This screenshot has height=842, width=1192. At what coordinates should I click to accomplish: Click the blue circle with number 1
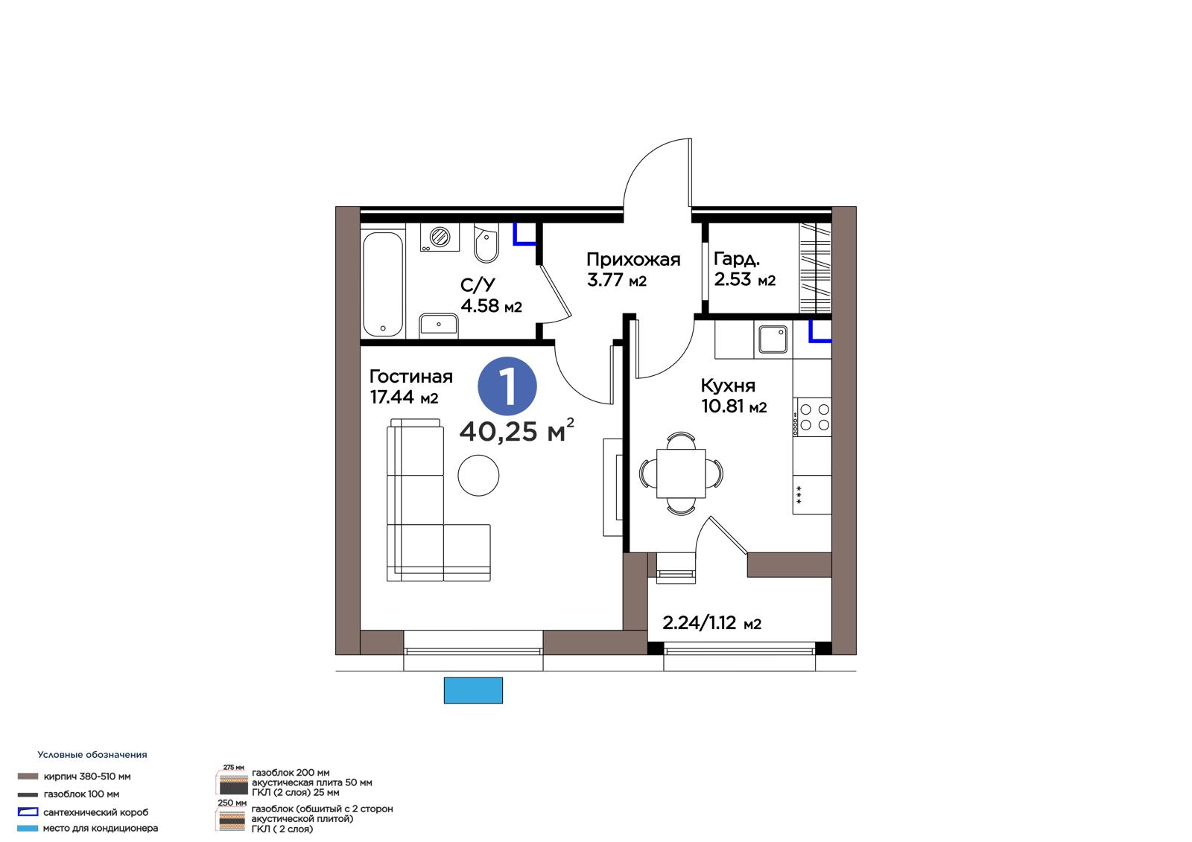click(x=507, y=386)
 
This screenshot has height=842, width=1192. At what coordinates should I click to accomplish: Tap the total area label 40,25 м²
click(x=517, y=430)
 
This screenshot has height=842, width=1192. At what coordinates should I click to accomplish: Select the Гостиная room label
click(x=410, y=377)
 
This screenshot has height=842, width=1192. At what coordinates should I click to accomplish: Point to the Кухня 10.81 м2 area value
click(x=734, y=406)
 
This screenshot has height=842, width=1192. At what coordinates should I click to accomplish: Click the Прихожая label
click(x=633, y=259)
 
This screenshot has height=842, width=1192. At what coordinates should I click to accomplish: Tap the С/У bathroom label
click(x=478, y=285)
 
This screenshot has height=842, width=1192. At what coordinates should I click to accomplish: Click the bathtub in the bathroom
click(x=383, y=284)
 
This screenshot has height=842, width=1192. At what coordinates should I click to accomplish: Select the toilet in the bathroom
click(x=486, y=243)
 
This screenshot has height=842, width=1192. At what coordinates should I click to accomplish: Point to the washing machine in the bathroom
click(x=440, y=237)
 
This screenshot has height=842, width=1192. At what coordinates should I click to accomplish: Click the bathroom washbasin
click(x=439, y=324)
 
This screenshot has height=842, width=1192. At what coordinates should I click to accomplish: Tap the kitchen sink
click(x=773, y=339)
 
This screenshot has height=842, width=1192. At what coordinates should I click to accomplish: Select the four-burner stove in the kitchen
click(x=812, y=417)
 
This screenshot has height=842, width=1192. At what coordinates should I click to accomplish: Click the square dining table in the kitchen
click(x=681, y=473)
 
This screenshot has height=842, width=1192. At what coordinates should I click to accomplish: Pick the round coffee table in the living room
click(x=478, y=476)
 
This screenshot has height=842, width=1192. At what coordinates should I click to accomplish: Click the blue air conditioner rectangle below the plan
click(x=473, y=690)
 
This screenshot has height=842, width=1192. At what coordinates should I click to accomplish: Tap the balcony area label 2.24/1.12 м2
click(x=711, y=622)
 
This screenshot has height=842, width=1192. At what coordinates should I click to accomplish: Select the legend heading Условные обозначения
click(x=92, y=754)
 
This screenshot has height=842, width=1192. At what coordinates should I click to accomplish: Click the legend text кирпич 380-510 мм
click(x=87, y=776)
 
